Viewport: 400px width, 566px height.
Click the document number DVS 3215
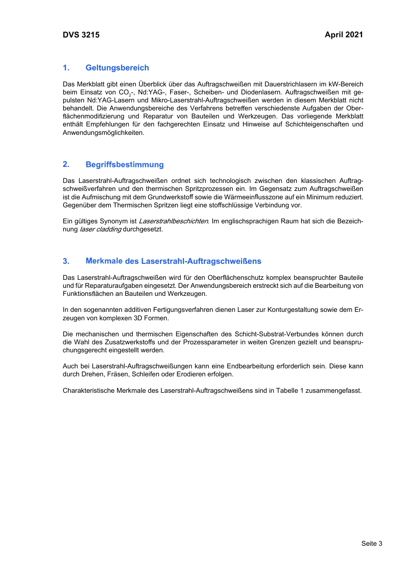coord(81,35)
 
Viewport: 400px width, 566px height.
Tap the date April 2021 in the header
coord(344,35)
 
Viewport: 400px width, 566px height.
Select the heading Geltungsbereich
coord(117,68)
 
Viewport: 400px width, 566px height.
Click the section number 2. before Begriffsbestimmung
coord(66,164)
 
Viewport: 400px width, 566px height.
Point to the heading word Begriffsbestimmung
coord(125,165)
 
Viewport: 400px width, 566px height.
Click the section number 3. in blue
coord(66,261)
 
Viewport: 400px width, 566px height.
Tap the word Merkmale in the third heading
coord(104,261)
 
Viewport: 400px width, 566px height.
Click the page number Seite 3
coord(371,544)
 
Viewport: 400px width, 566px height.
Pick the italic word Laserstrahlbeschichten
coord(173,221)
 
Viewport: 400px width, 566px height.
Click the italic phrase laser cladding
coord(100,229)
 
